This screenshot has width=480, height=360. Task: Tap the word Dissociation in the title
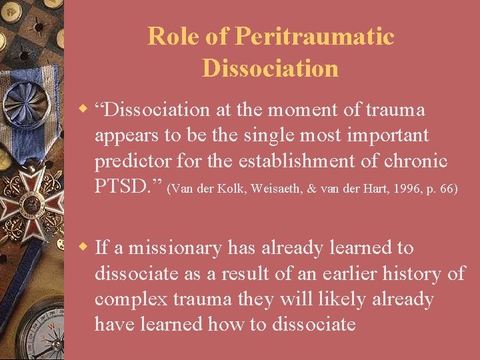(270, 68)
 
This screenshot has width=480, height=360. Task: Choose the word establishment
(302, 161)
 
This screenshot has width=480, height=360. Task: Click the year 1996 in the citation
(405, 189)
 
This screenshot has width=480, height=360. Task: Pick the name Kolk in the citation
(221, 189)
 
